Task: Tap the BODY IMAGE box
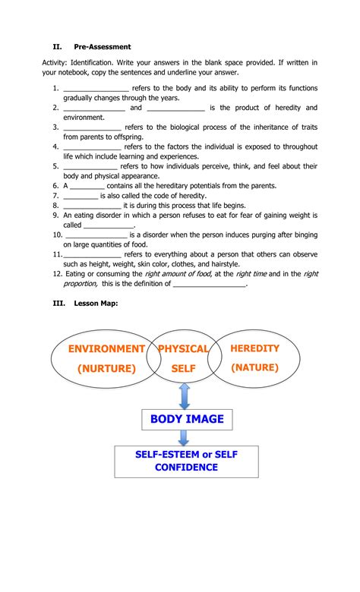click(x=186, y=419)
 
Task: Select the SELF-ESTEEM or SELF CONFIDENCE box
click(x=186, y=461)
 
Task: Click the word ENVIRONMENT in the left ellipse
click(x=106, y=349)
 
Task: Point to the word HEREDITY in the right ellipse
click(x=254, y=348)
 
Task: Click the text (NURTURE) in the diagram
click(x=106, y=369)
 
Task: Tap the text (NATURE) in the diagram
click(x=255, y=368)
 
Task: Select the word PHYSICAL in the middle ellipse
click(x=183, y=349)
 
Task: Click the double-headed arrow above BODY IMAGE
click(x=185, y=396)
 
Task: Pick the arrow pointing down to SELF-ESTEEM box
click(x=185, y=437)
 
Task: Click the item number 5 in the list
click(x=56, y=165)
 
